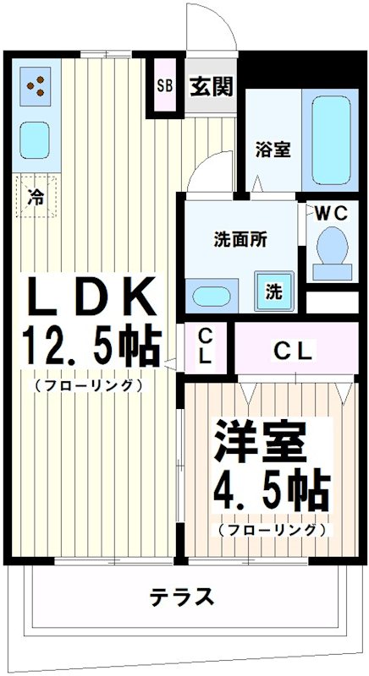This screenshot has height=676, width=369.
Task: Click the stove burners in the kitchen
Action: pos(36,84)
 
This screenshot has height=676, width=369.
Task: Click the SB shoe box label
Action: pos(165,86)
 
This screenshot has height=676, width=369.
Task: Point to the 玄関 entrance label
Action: pos(211,86)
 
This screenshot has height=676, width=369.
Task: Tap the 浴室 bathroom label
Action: pos(273,150)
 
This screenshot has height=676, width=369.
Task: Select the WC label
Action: pos(331,213)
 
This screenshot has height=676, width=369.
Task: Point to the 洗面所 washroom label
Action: pos(240,238)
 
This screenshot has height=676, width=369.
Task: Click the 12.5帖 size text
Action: pos(91,345)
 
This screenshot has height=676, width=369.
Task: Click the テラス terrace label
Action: pos(182,597)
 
